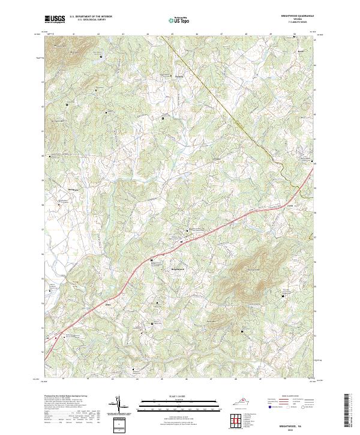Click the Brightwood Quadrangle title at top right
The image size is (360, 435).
[298, 16]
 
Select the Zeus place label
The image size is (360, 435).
[109, 304]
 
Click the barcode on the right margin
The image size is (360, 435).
[347, 411]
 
